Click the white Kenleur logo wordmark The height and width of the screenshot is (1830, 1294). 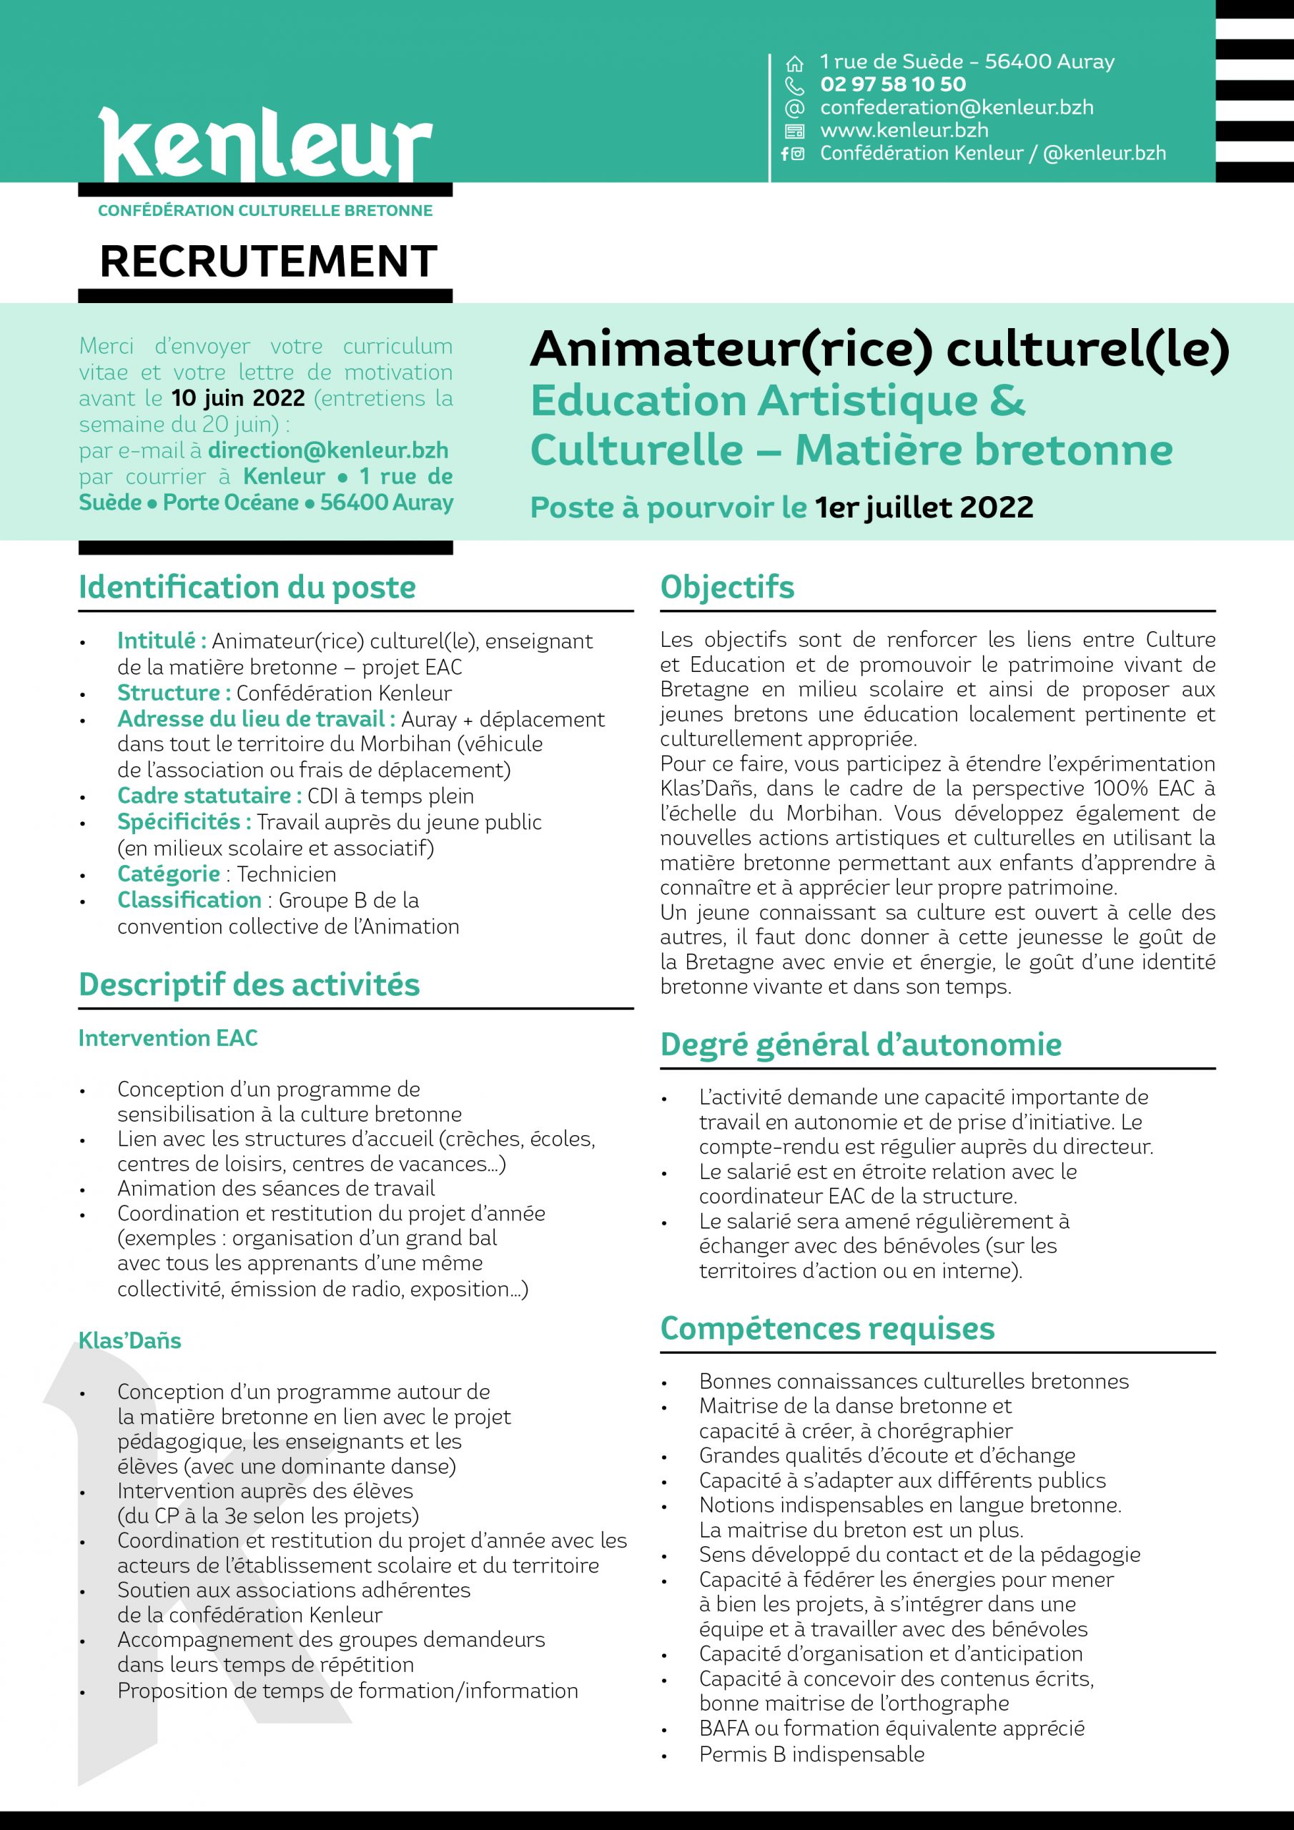click(x=265, y=145)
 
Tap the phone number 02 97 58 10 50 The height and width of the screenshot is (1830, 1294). click(x=892, y=84)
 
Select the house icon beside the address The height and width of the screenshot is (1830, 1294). click(x=794, y=63)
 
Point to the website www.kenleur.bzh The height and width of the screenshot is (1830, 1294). click(x=904, y=130)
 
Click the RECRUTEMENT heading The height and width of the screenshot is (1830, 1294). click(x=269, y=262)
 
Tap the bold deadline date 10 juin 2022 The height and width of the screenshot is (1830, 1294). click(x=238, y=397)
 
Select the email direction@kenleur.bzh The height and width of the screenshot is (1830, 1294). click(x=327, y=450)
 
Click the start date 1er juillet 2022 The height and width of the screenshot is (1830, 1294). click(x=924, y=507)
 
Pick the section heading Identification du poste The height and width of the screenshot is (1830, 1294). click(x=247, y=588)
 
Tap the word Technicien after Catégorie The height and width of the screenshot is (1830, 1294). click(x=286, y=874)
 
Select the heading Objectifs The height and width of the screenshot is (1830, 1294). click(x=726, y=588)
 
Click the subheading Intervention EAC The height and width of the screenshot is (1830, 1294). click(x=168, y=1038)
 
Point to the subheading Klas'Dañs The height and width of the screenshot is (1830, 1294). click(x=130, y=1340)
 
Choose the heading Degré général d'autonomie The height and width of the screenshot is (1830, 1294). click(x=860, y=1044)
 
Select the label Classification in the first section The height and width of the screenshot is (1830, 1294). click(x=189, y=900)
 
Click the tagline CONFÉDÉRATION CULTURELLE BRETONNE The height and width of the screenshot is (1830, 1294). click(x=265, y=211)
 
